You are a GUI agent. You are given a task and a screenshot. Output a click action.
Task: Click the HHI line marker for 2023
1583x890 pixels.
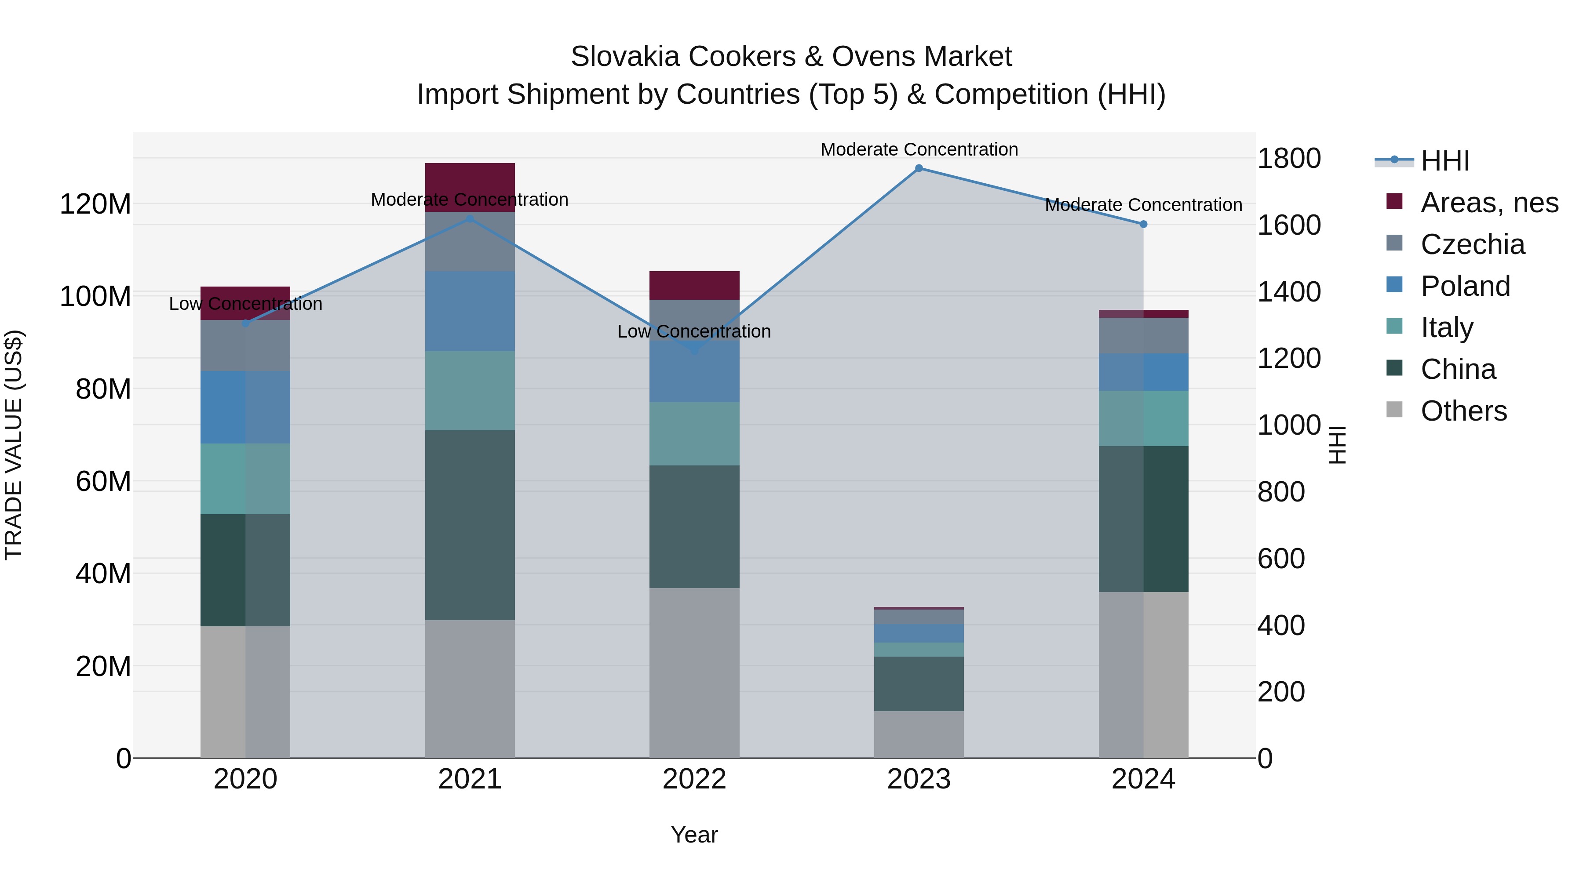click(x=919, y=168)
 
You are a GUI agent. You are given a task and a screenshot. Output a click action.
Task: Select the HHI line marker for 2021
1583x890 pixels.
click(x=470, y=219)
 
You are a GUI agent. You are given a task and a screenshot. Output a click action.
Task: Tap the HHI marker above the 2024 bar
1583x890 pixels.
click(x=1143, y=224)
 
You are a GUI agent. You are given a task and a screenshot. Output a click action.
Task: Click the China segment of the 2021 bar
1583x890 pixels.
click(x=470, y=525)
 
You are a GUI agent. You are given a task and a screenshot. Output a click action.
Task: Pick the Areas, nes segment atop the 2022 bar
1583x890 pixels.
click(x=694, y=286)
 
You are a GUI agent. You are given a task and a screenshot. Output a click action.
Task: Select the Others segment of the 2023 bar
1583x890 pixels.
click(x=919, y=734)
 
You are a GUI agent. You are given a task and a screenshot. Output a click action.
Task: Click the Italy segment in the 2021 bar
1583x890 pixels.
click(x=470, y=391)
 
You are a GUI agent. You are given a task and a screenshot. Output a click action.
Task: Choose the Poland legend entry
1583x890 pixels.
click(x=1465, y=286)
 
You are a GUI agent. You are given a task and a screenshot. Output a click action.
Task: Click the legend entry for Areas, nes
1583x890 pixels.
click(x=1489, y=203)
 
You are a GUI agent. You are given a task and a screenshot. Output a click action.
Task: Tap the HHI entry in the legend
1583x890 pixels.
click(x=1444, y=161)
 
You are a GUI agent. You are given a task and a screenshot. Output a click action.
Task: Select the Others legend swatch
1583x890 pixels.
click(x=1395, y=410)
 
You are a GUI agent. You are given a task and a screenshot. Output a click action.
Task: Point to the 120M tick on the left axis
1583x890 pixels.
click(x=95, y=204)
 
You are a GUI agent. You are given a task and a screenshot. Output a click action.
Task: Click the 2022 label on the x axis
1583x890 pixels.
click(x=694, y=779)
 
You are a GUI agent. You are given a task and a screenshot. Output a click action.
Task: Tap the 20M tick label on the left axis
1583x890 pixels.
click(x=103, y=666)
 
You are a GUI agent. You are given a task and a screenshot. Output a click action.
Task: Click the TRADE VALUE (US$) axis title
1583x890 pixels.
click(x=14, y=445)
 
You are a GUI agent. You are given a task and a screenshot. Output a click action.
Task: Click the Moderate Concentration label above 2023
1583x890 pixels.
click(x=919, y=149)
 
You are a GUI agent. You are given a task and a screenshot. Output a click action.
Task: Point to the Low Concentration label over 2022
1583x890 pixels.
click(x=694, y=332)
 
